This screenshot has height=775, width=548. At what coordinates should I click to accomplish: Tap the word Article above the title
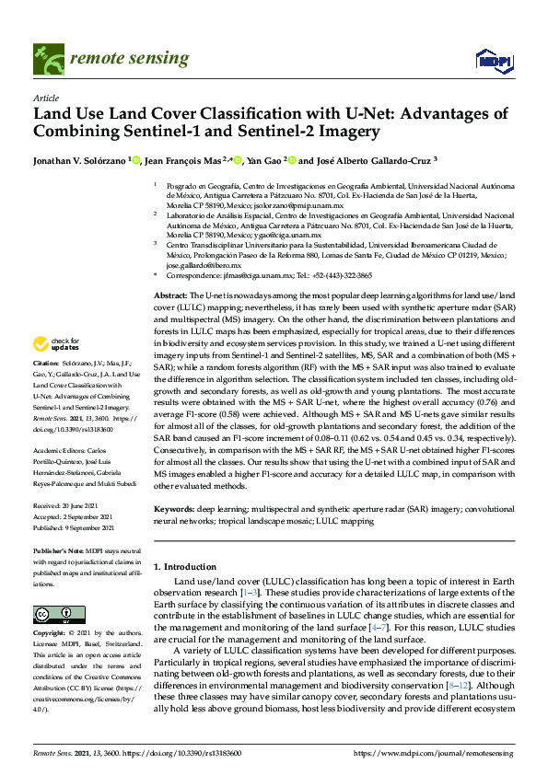(46, 97)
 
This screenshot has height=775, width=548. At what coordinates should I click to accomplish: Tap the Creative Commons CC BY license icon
(47, 614)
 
